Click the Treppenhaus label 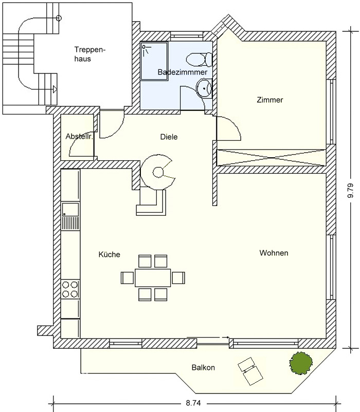[89, 54]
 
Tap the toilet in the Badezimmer [199, 60]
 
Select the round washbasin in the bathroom [204, 88]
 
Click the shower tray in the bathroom [154, 61]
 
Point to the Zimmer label [270, 100]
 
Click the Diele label [169, 137]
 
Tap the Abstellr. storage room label [79, 137]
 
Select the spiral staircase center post [158, 173]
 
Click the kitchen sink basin [70, 210]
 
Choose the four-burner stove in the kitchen [70, 289]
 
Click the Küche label [110, 254]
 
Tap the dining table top [153, 277]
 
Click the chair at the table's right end [178, 278]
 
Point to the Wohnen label [274, 253]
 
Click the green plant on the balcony [301, 363]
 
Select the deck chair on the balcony [250, 371]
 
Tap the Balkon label [203, 367]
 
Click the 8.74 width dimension [193, 403]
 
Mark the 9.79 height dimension [350, 191]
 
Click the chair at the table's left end [127, 278]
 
